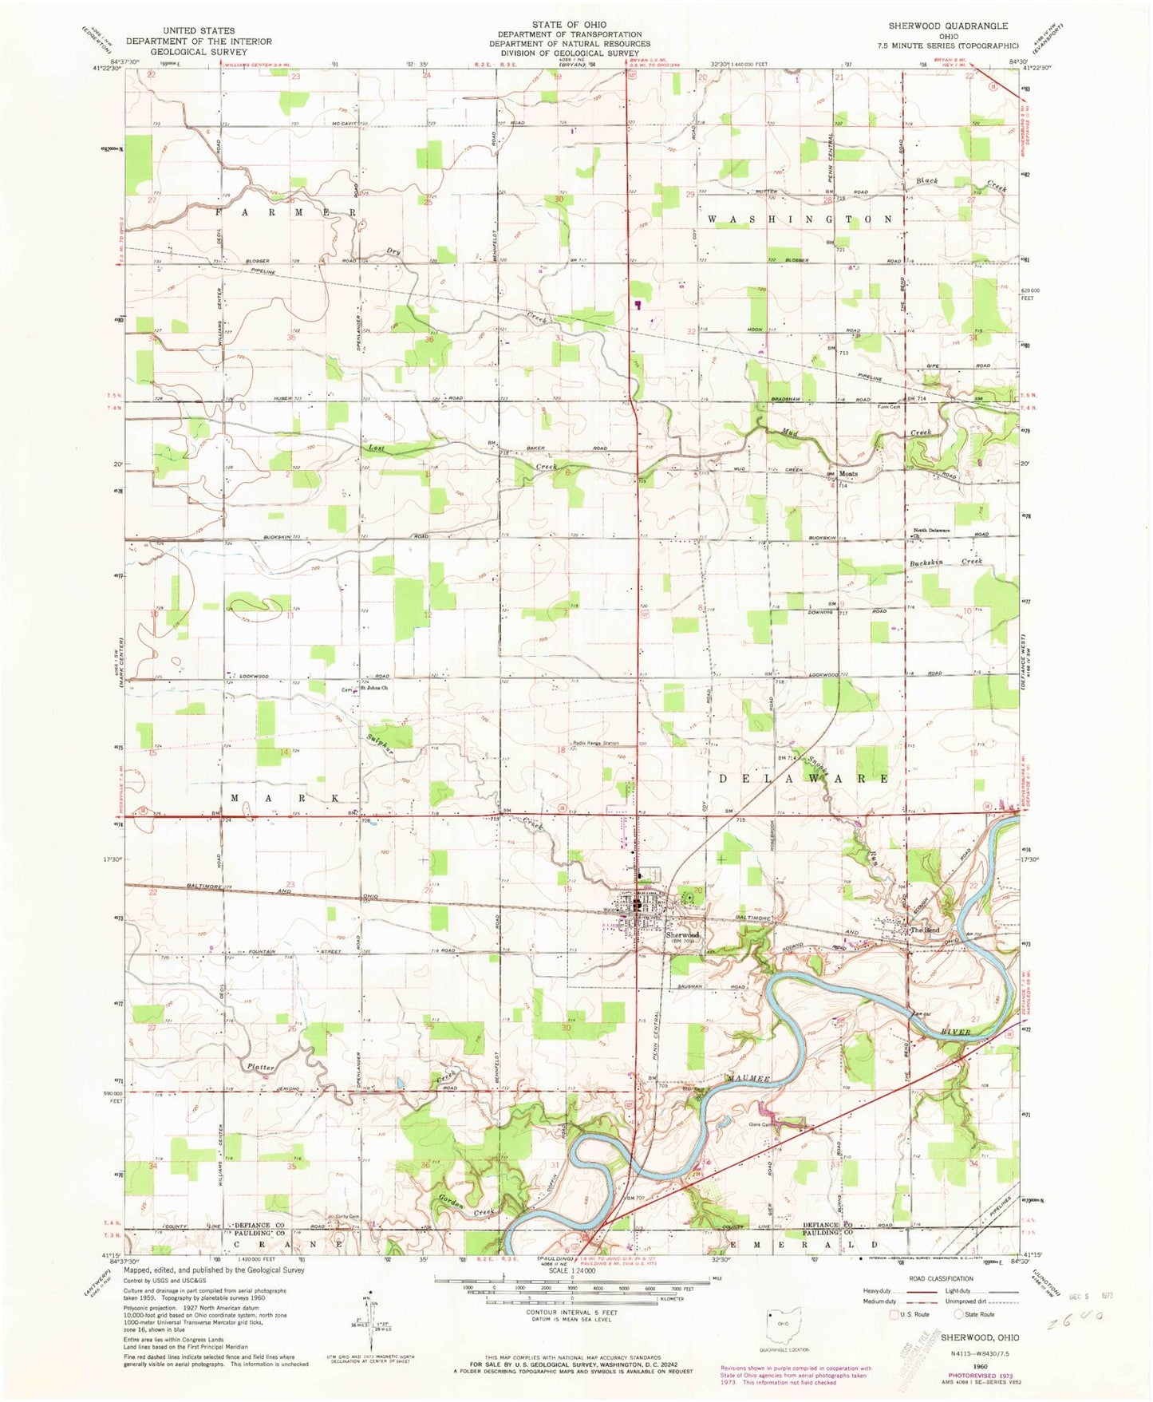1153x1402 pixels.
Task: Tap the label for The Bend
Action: (x=926, y=930)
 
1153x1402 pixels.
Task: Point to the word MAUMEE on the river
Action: (x=748, y=1079)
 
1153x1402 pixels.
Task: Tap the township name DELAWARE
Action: (x=805, y=778)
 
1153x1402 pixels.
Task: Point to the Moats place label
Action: (x=847, y=473)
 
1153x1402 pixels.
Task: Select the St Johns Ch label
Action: (x=373, y=688)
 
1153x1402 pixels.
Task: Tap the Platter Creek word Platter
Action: (x=260, y=1067)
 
